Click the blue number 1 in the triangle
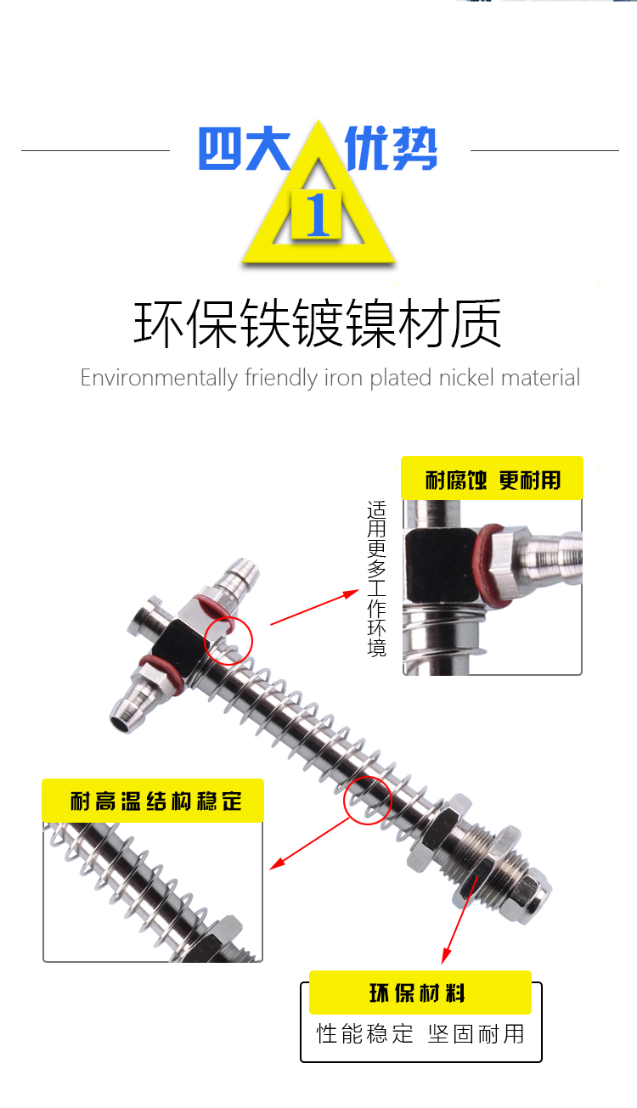318,215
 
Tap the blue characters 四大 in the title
244,149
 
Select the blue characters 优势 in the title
391,149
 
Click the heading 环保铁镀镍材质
318,323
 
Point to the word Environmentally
160,379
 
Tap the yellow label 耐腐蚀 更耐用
492,478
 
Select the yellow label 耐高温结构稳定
153,801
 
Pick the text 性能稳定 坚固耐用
420,1034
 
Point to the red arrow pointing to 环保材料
459,920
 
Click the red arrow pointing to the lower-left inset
309,843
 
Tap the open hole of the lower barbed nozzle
120,724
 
